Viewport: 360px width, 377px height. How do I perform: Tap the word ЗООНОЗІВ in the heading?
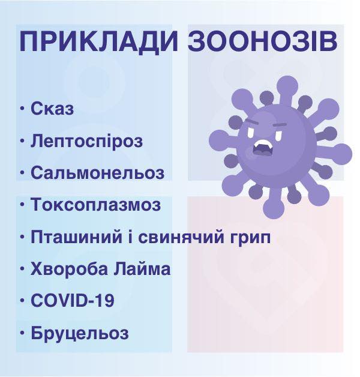coord(263,41)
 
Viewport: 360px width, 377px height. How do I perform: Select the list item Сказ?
coord(52,109)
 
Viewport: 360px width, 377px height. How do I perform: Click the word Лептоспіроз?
coord(87,141)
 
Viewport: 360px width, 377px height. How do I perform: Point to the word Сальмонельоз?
coord(98,173)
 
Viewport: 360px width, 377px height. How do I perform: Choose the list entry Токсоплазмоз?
coord(96,205)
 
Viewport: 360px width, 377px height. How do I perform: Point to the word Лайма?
coord(142,269)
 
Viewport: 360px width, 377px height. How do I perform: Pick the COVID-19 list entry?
coord(73,301)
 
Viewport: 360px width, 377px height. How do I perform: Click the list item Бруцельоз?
coord(80,333)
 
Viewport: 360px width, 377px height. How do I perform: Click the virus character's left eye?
coord(253,131)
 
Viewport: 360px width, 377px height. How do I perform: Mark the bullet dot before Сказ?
coord(23,109)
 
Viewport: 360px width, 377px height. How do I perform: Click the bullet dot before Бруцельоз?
coord(23,333)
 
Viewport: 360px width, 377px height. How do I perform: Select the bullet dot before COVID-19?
coord(23,301)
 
